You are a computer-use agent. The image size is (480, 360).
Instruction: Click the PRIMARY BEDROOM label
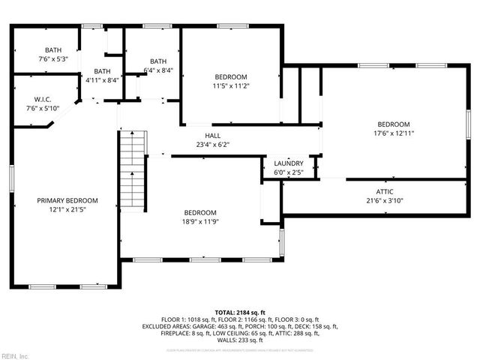(67, 200)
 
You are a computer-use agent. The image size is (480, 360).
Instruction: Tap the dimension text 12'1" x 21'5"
(67, 209)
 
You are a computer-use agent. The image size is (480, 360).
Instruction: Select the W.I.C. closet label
(42, 99)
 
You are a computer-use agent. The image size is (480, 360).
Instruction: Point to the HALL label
(213, 136)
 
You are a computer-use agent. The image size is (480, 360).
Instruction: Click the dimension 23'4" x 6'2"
(213, 145)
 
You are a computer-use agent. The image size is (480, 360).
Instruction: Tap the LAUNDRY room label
(289, 163)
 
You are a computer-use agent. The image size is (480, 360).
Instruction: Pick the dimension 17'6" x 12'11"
(393, 133)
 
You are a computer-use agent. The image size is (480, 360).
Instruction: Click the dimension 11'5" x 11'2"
(232, 85)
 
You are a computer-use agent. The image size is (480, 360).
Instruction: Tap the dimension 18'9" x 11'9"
(200, 222)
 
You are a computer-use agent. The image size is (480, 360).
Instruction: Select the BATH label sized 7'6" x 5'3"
(52, 50)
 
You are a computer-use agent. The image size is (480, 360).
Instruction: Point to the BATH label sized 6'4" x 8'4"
(158, 61)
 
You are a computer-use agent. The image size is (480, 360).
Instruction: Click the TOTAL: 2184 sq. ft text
(240, 312)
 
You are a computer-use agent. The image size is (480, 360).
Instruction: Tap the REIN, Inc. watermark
(15, 355)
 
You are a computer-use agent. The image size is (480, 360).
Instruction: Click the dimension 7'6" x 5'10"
(42, 108)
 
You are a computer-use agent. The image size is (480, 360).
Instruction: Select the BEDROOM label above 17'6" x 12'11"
(393, 124)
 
